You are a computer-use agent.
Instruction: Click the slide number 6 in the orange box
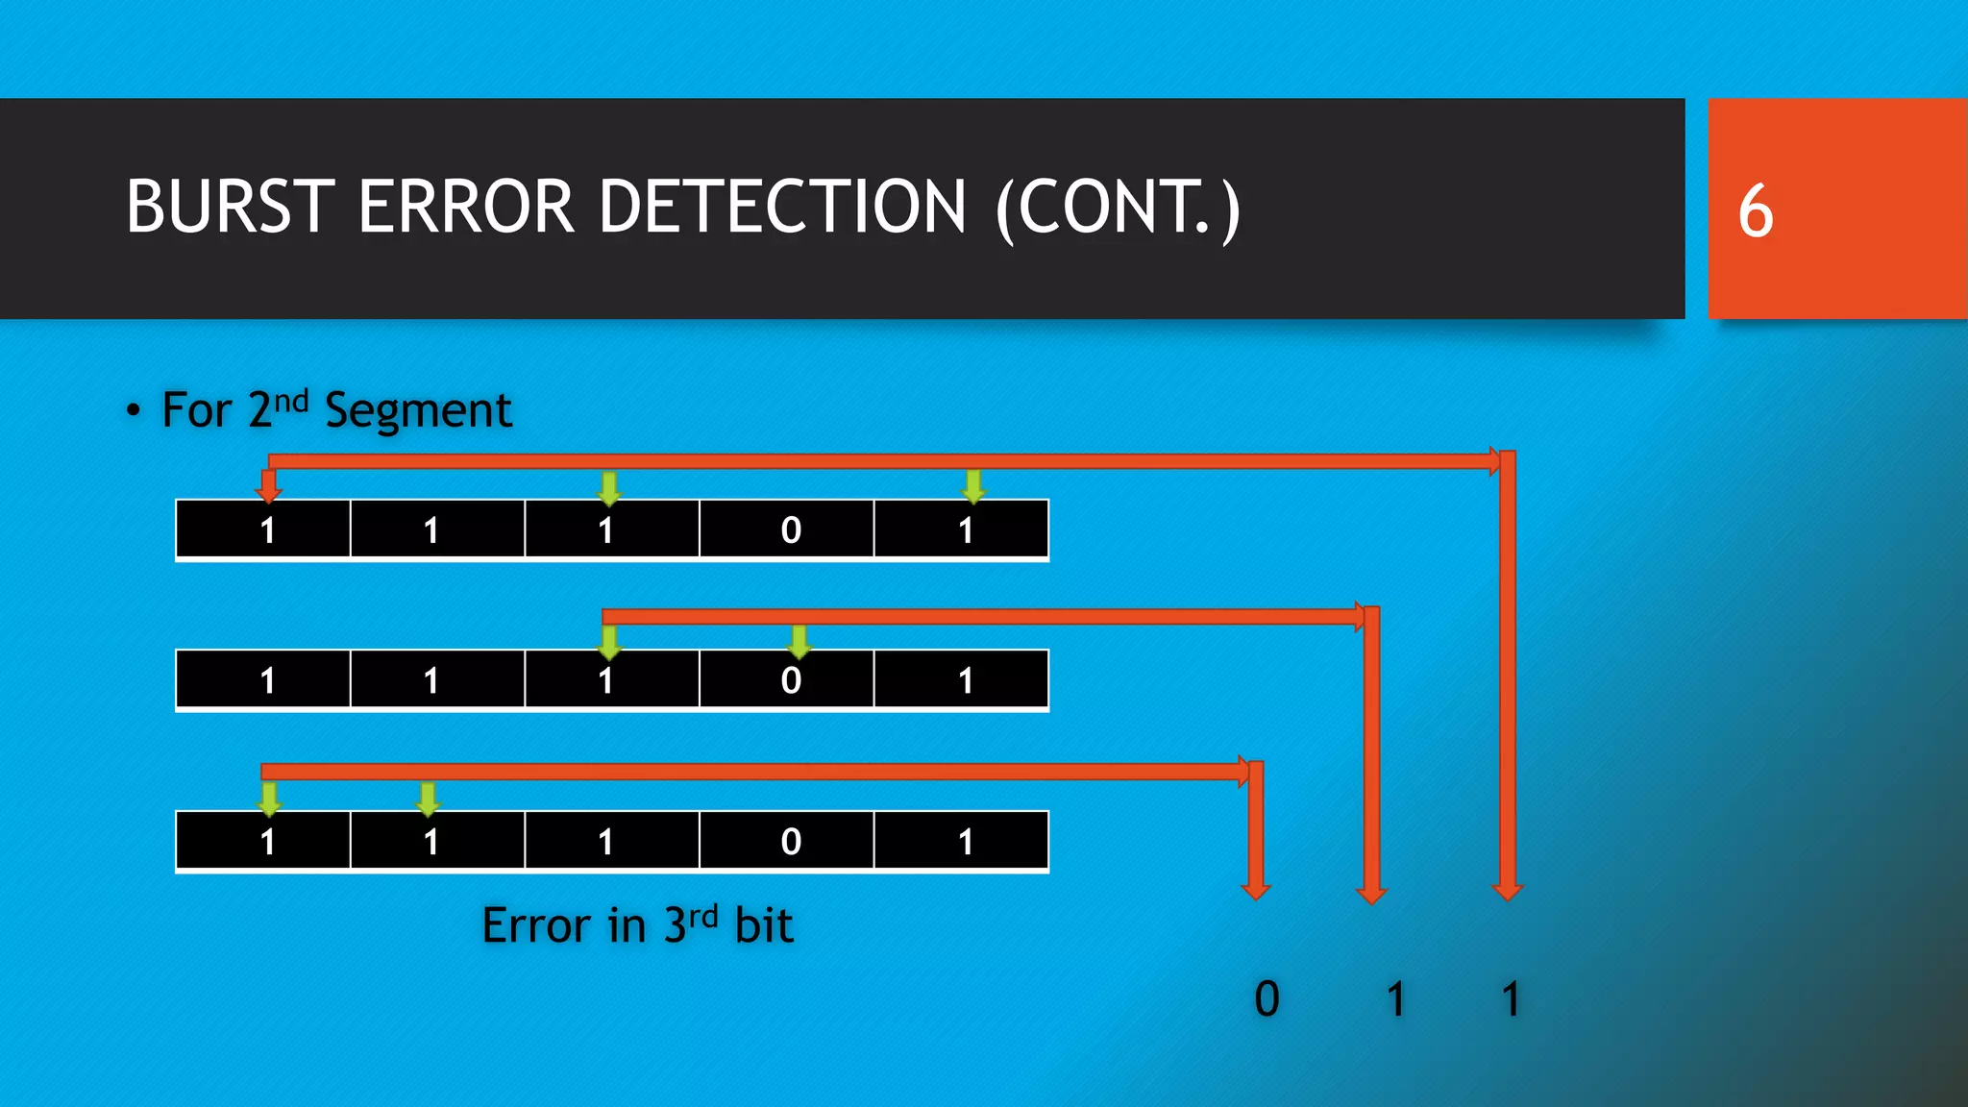[x=1755, y=210]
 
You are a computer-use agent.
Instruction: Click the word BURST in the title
[x=230, y=208]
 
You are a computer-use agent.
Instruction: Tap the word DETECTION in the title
[x=782, y=208]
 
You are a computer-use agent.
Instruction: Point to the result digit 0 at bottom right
[x=1267, y=999]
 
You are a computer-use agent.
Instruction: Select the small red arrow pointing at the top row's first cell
[x=269, y=486]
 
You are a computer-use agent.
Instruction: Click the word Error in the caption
[x=536, y=926]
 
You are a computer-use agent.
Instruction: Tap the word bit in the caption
[x=764, y=926]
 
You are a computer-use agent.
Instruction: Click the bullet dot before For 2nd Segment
[x=134, y=411]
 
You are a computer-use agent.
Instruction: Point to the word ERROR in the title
[x=466, y=208]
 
